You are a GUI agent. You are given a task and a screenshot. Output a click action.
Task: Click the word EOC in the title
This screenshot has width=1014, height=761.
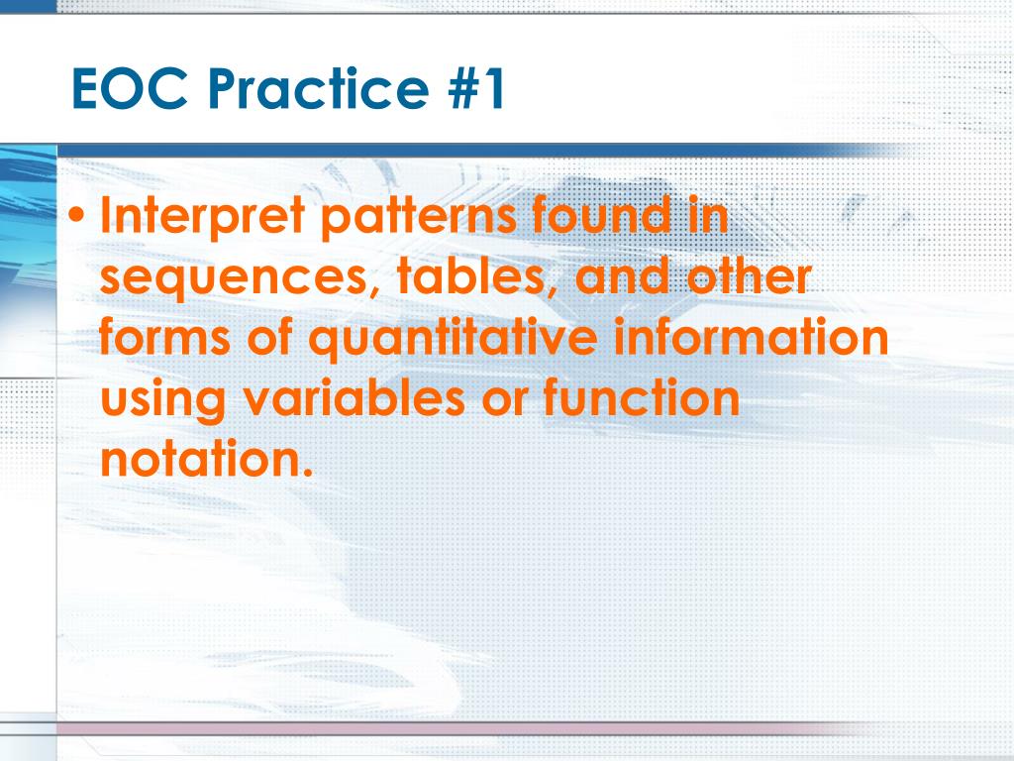(130, 88)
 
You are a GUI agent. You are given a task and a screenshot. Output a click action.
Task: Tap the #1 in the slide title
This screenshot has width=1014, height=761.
(476, 88)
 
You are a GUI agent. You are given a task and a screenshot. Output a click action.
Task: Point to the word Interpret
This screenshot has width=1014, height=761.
(202, 216)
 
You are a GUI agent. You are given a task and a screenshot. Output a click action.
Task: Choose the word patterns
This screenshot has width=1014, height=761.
(419, 217)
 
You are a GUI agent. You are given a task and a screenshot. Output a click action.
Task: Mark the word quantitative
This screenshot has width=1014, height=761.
(453, 338)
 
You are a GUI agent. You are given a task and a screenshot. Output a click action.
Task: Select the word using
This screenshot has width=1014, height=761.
(163, 399)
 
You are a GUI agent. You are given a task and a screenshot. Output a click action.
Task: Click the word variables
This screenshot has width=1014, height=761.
(354, 397)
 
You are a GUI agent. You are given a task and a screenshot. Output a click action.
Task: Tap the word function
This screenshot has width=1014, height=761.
(641, 397)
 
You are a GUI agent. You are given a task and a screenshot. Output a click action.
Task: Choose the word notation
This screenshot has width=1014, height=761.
(206, 459)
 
